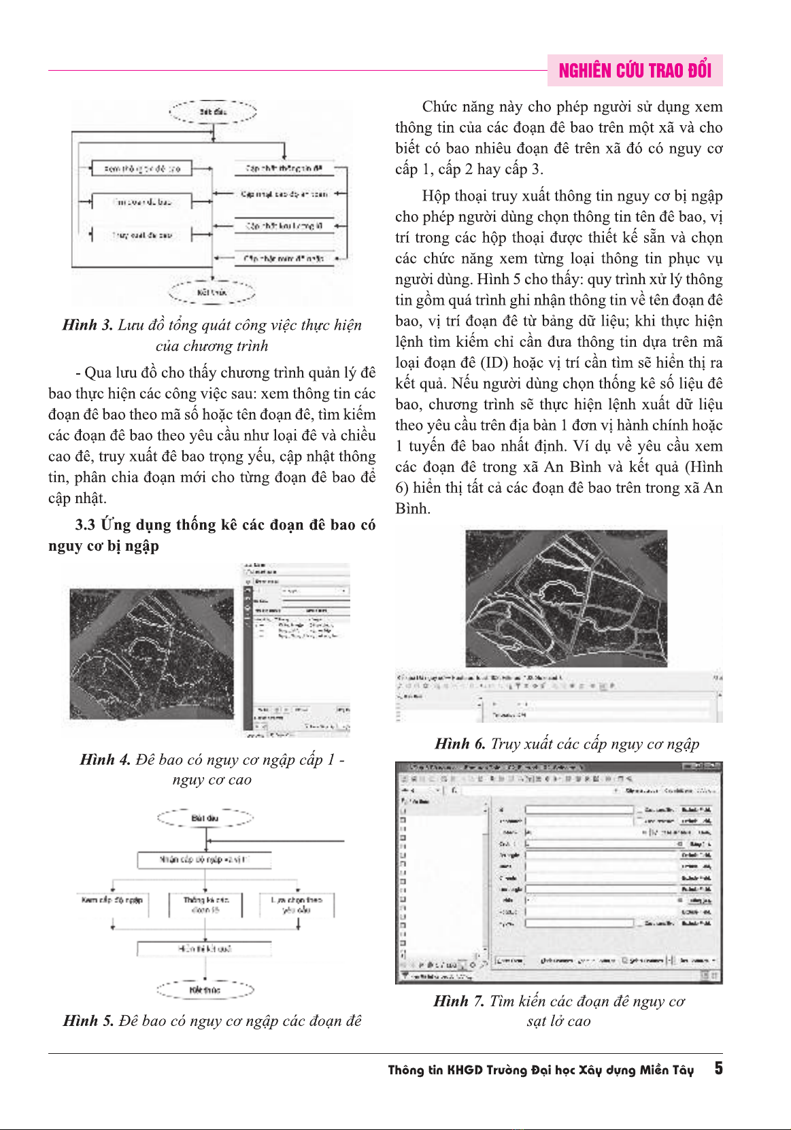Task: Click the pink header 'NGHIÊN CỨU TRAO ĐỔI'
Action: [635, 71]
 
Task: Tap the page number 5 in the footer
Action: [718, 1069]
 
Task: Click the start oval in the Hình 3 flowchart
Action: [213, 112]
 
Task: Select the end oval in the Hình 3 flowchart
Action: [212, 292]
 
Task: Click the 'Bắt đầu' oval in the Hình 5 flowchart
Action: [205, 818]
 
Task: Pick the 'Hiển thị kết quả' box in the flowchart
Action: [204, 948]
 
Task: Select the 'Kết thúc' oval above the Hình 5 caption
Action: [205, 990]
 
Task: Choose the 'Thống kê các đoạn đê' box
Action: [205, 905]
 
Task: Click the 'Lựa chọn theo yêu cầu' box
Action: [297, 905]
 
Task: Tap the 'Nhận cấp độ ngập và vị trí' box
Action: [204, 860]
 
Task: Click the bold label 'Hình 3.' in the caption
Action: [88, 325]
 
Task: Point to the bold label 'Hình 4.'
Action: [105, 759]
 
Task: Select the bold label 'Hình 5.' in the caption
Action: [88, 1021]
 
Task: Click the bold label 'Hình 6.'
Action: [460, 744]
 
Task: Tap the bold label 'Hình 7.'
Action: [459, 1001]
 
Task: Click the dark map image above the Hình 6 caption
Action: [566, 598]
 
